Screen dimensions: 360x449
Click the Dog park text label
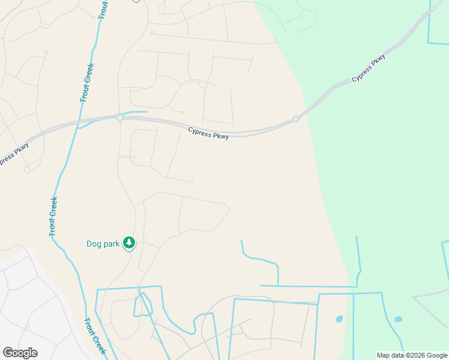pos(103,244)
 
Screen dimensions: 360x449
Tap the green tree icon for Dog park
pos(129,242)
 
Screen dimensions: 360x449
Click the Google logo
pos(20,353)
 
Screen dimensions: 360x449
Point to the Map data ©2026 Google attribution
pos(412,355)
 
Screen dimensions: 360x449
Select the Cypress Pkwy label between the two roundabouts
pos(208,133)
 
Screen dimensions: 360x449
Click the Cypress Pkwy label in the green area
pos(369,69)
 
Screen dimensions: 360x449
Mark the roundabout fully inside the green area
pos(432,8)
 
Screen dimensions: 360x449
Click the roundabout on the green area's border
pos(296,119)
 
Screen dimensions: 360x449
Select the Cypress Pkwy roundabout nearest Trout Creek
pos(119,117)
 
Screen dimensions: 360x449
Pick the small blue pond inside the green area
pos(398,319)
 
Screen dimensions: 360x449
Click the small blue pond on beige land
pos(339,319)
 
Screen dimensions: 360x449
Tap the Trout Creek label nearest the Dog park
pos(53,216)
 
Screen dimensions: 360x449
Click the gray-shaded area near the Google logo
pos(30,300)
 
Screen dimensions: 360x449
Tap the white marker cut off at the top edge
pos(136,1)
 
